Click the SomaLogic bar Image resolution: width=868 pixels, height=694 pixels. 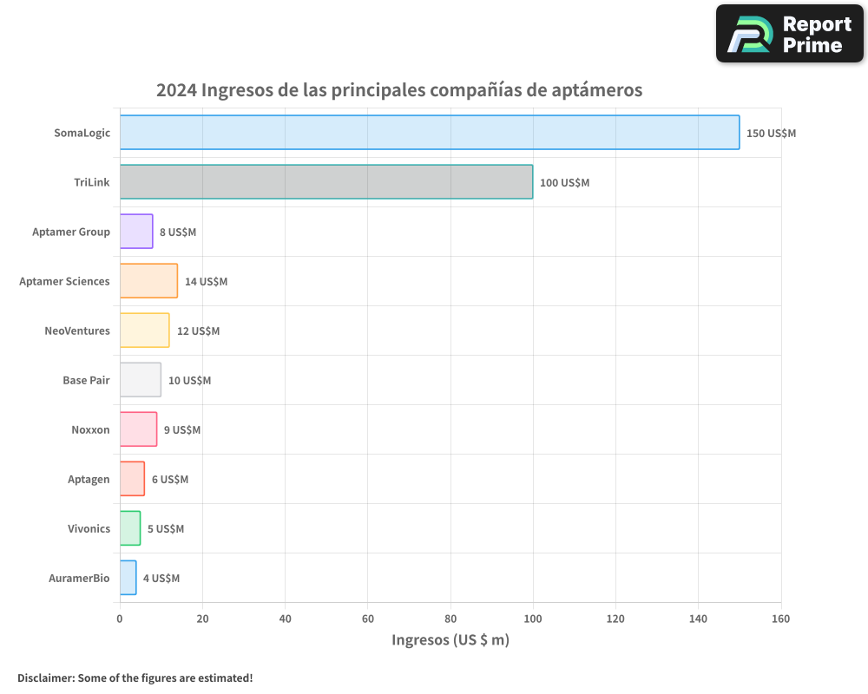click(430, 133)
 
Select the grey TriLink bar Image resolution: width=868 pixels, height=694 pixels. click(326, 182)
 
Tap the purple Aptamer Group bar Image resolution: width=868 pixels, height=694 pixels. click(136, 232)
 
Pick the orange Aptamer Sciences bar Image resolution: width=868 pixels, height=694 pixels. click(148, 281)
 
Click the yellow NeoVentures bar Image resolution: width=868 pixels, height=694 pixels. click(144, 331)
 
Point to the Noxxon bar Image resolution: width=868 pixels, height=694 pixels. click(138, 429)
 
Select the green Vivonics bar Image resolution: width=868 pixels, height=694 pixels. click(130, 528)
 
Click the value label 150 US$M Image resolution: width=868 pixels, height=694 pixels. click(771, 134)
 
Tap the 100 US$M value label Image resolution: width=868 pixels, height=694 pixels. click(564, 183)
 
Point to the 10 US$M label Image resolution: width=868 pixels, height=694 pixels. click(189, 381)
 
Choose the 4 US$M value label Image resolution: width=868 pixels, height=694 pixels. click(161, 579)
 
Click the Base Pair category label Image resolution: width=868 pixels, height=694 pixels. click(86, 381)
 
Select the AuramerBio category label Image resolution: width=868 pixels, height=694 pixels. click(79, 579)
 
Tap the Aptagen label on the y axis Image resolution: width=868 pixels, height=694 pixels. click(89, 480)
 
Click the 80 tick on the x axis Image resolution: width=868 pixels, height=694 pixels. click(450, 619)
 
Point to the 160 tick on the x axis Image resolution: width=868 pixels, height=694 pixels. click(780, 619)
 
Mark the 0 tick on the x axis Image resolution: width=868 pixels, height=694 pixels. click(120, 619)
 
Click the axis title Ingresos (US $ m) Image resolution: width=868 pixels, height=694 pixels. click(450, 640)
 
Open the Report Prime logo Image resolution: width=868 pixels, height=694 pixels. click(789, 34)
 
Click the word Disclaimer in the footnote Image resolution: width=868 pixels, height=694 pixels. click(45, 678)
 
